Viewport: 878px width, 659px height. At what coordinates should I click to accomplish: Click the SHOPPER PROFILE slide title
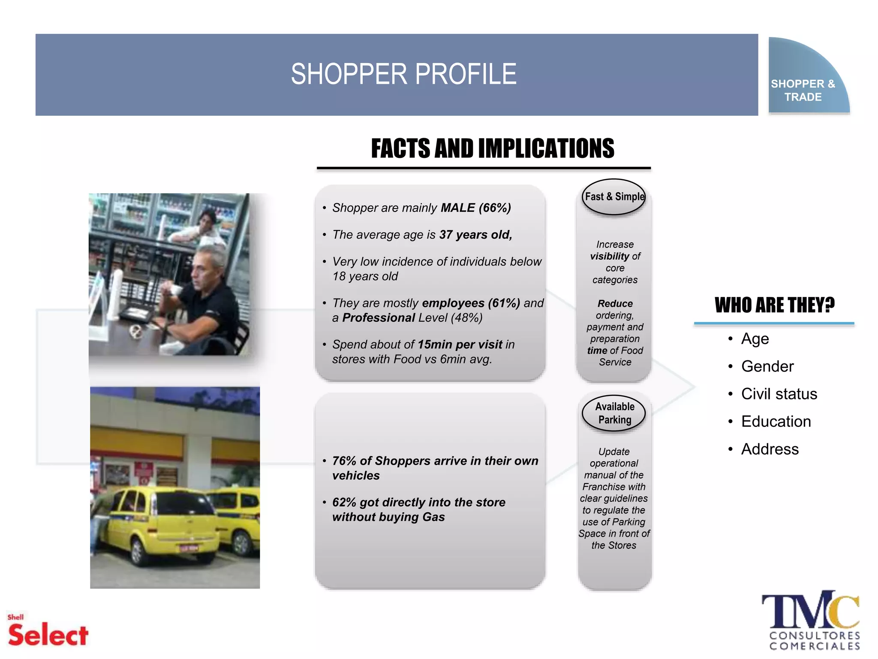pos(403,74)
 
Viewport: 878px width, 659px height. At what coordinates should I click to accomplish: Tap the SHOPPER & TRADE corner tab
pos(803,90)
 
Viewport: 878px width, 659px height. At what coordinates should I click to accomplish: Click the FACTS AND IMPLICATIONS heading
pos(492,148)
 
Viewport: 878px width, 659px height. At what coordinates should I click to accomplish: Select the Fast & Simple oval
pos(614,196)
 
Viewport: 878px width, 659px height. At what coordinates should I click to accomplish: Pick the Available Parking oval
pos(614,413)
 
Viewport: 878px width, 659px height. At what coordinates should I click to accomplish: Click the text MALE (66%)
pos(475,208)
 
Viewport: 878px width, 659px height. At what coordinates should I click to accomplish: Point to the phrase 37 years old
pos(475,235)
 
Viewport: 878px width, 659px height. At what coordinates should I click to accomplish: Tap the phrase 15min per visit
pos(460,345)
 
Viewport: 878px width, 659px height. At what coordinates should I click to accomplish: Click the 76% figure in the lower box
pos(344,461)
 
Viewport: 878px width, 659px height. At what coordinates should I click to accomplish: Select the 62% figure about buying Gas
pos(344,502)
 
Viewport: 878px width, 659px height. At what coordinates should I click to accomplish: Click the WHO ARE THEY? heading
pos(774,305)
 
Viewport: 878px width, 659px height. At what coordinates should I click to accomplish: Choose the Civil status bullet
pos(779,394)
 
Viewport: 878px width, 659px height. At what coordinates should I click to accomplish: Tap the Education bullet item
pos(776,421)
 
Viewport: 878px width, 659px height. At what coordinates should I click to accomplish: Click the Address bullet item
pos(770,449)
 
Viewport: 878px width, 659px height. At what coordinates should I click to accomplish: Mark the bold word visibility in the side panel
pos(609,256)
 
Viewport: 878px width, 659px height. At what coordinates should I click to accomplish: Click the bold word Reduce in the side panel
pos(615,303)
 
